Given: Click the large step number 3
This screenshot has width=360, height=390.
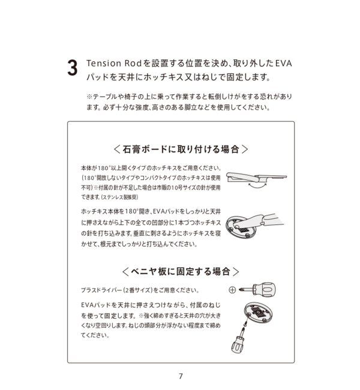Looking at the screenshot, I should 72,68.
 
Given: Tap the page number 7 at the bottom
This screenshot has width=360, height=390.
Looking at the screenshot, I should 180,376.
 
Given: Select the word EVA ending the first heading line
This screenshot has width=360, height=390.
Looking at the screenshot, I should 283,63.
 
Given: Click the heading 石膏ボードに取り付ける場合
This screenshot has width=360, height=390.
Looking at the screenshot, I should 180,149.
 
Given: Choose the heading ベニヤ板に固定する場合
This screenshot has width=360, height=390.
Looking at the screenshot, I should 180,271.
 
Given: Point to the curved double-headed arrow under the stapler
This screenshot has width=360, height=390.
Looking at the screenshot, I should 258,188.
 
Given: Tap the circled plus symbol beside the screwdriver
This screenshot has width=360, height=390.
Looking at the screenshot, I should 232,290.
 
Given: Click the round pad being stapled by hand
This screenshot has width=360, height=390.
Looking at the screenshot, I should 243,228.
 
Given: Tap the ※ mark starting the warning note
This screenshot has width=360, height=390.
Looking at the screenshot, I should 89,97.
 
